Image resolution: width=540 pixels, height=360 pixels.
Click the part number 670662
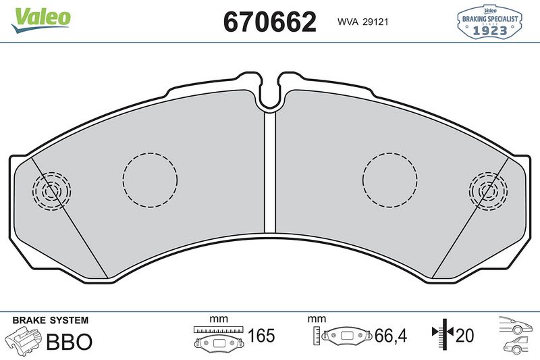269,22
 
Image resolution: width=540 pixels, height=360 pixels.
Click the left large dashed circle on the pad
150,179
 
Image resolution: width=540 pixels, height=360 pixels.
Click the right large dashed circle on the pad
389,179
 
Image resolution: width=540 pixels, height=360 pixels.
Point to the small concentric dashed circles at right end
488,191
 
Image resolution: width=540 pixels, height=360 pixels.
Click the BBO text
68,341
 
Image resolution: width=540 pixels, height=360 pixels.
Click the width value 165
261,336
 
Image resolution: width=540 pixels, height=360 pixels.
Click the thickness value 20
465,336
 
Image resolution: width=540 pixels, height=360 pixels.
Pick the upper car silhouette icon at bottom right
516,326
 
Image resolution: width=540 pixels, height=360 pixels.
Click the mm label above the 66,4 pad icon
317,319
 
